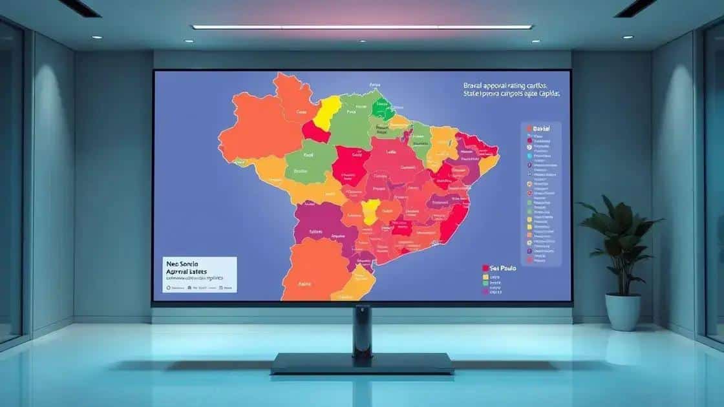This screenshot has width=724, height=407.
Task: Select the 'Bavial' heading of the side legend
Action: coord(540,129)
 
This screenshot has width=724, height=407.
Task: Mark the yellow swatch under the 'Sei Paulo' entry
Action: coord(485,277)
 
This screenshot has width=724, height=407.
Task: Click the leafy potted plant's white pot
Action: coord(623,312)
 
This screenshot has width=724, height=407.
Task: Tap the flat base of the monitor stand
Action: coord(362,363)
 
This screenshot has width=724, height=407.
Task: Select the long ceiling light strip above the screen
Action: coord(362,27)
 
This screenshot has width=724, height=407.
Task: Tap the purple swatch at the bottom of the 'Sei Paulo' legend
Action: coord(485,291)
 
